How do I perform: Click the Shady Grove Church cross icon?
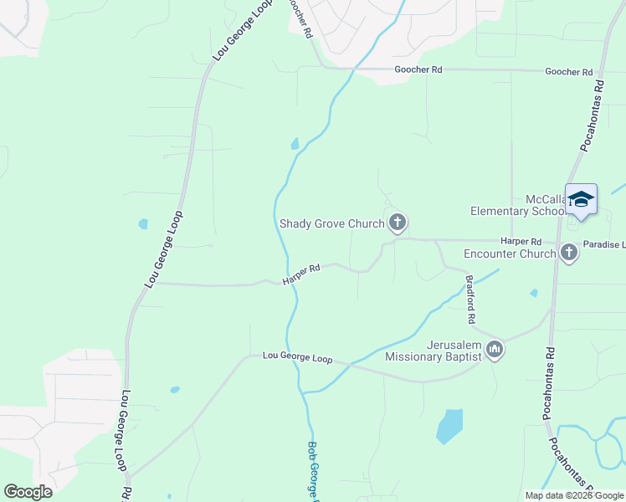point(398,223)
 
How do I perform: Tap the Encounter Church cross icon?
point(569,253)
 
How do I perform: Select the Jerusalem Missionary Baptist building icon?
point(495,350)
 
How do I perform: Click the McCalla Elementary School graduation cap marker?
point(581,200)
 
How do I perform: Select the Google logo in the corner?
point(28,492)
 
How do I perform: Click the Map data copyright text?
point(574,495)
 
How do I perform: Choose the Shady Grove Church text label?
point(331,223)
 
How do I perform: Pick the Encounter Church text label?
point(511,254)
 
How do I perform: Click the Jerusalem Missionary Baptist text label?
point(433,350)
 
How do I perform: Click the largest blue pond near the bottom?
point(449,426)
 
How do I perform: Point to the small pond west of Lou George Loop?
point(143,224)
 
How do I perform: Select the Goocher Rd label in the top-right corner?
point(568,72)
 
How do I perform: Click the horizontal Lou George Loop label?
point(297,357)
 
